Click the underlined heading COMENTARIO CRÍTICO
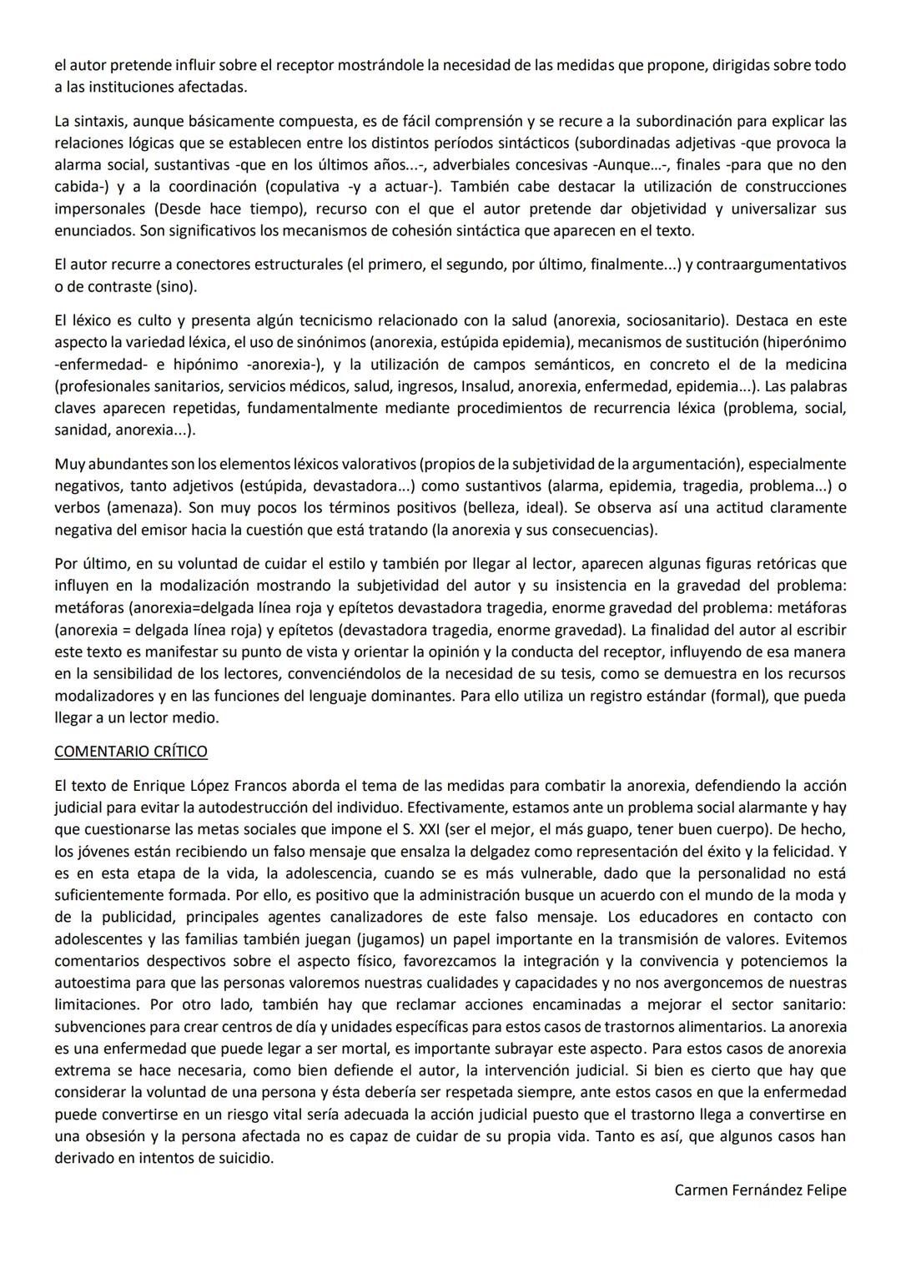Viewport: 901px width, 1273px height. pos(131,751)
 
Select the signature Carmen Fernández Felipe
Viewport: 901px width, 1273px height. pos(760,1190)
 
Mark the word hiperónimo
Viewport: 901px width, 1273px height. pos(804,342)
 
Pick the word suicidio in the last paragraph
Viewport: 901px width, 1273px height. pos(244,1158)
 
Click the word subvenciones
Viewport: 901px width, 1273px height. pos(97,1027)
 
